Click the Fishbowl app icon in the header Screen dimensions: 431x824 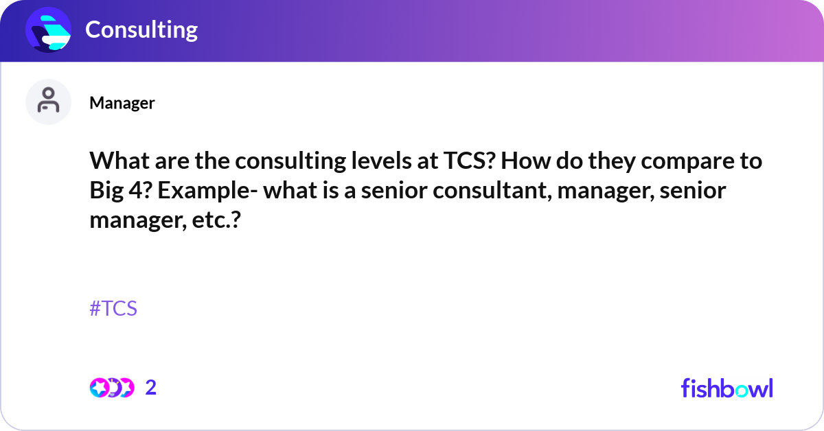pos(49,30)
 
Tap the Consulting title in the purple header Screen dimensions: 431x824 pos(141,30)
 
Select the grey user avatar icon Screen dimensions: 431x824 pos(49,102)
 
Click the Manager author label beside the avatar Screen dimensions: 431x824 pos(122,103)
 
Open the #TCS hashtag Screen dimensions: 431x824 pos(113,309)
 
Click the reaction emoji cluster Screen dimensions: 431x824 pos(112,388)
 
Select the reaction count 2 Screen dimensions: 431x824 pos(151,388)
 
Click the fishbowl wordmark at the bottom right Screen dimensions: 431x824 pos(726,388)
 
